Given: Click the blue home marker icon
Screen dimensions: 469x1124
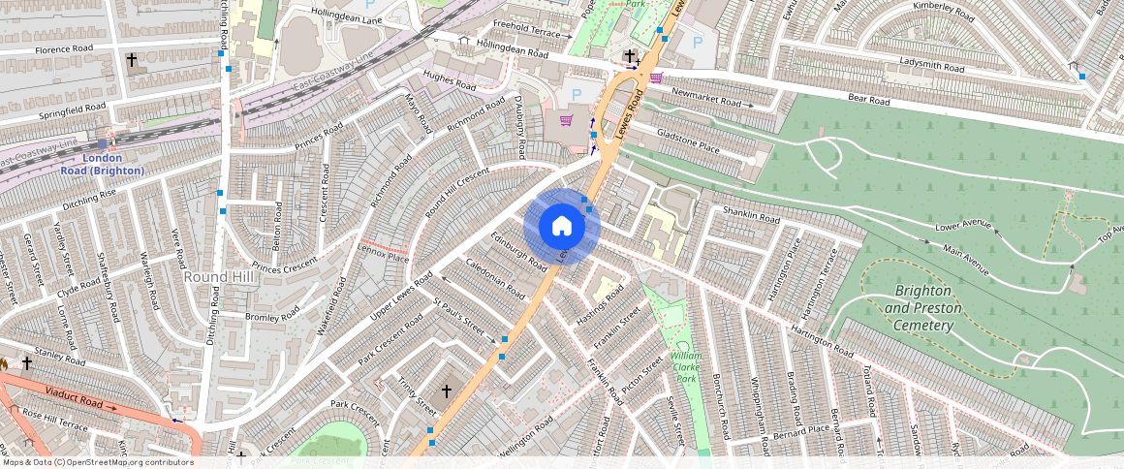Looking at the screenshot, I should coord(562,227).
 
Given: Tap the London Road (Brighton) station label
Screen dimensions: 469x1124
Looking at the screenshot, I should coord(103,165).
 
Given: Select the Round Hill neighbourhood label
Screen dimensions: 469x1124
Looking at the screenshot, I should coord(218,277).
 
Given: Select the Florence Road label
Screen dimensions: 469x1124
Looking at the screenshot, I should coord(64,48).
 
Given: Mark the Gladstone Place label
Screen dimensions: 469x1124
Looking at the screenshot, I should coord(688,141).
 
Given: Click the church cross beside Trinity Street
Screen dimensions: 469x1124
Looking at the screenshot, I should coord(447,391).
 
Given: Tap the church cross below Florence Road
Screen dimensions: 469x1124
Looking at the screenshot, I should coord(132,60).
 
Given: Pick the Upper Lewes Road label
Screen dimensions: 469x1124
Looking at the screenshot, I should coord(401,299).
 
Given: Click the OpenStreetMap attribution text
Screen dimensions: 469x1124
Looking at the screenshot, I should coord(97,462).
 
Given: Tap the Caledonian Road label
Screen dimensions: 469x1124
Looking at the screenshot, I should coord(495,277).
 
